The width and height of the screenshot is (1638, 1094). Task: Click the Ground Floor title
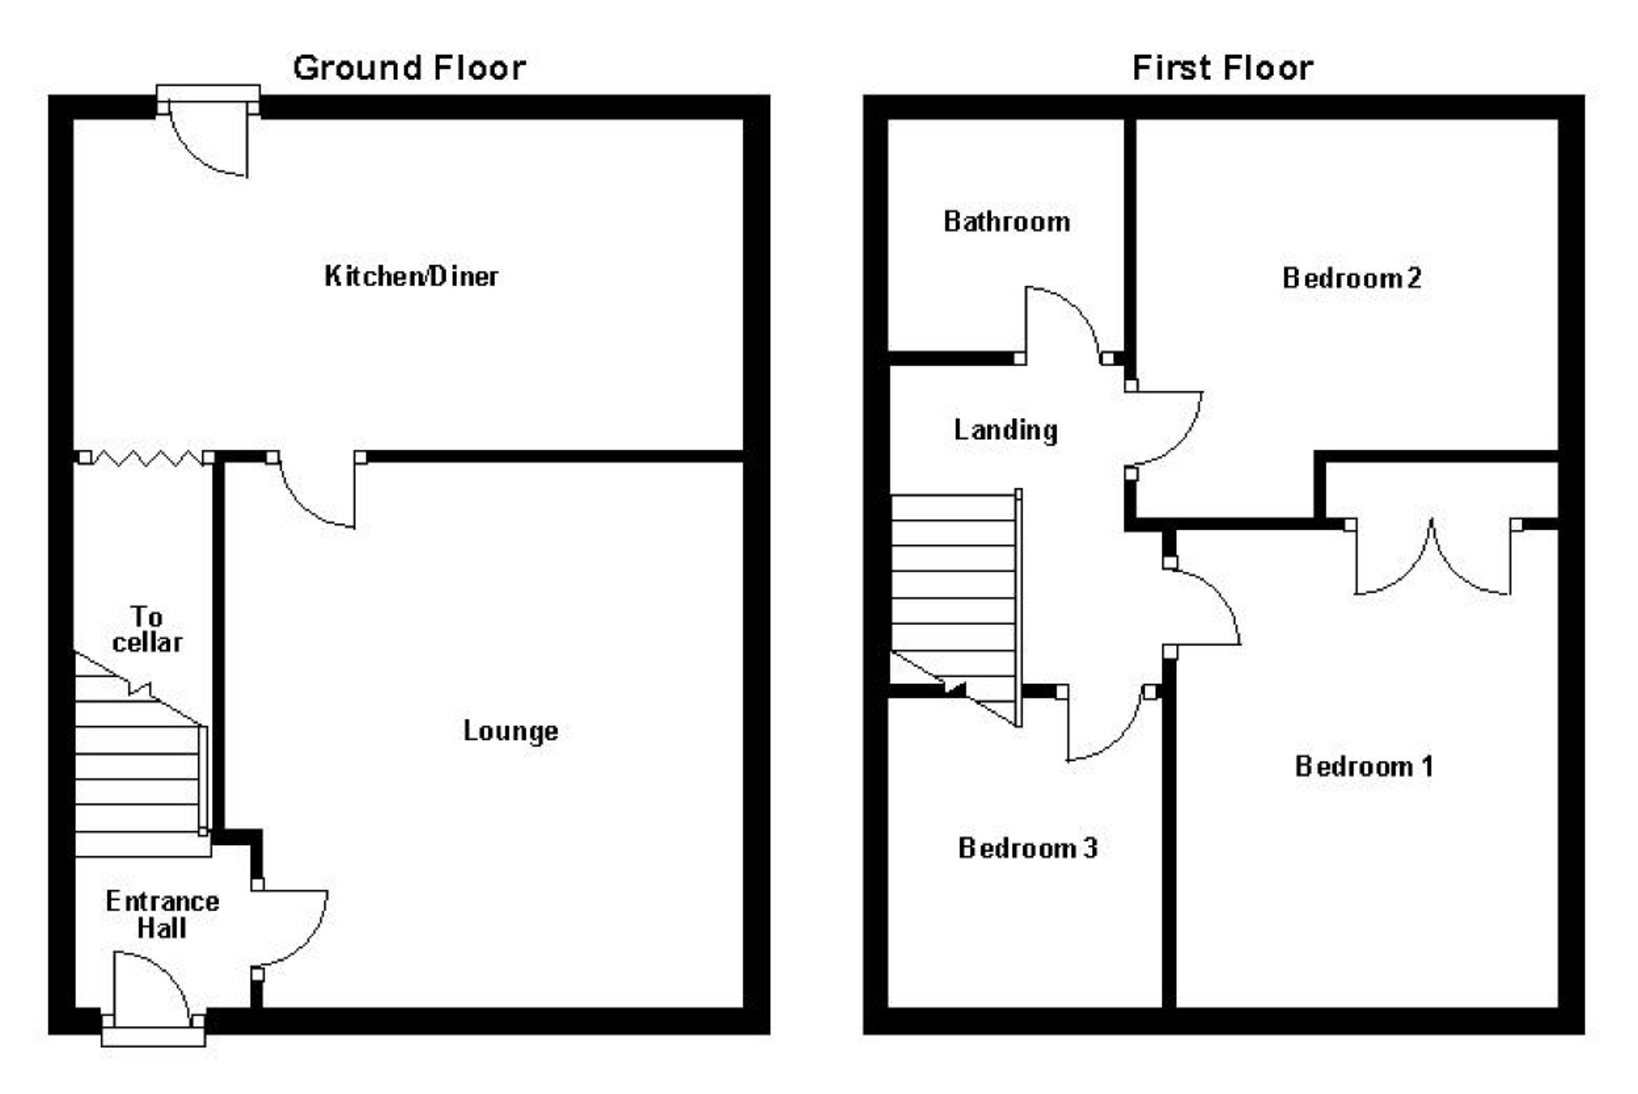pyautogui.click(x=409, y=68)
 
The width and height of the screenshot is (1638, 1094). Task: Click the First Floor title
pyautogui.click(x=1222, y=68)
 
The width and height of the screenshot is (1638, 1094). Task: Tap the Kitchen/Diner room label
pyautogui.click(x=411, y=277)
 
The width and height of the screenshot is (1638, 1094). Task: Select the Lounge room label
pyautogui.click(x=510, y=731)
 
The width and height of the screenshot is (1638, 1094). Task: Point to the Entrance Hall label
pyautogui.click(x=162, y=914)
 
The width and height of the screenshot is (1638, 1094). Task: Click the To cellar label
pyautogui.click(x=147, y=630)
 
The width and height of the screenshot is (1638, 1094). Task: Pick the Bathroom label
pyautogui.click(x=1007, y=222)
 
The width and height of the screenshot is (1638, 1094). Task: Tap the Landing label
pyautogui.click(x=1005, y=430)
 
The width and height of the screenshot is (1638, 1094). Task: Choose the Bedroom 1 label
pyautogui.click(x=1364, y=766)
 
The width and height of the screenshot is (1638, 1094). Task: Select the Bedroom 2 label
pyautogui.click(x=1352, y=278)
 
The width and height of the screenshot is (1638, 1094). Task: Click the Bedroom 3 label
pyautogui.click(x=1027, y=847)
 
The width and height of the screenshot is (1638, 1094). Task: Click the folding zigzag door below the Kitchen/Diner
pyautogui.click(x=146, y=458)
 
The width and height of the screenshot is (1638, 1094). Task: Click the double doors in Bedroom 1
pyautogui.click(x=1433, y=558)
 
